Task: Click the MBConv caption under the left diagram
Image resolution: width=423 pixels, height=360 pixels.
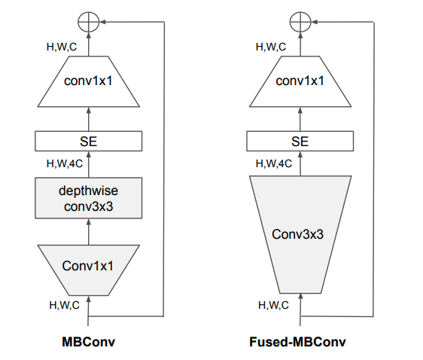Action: tap(89, 341)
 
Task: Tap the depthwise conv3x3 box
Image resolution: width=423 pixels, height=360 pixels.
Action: tap(89, 197)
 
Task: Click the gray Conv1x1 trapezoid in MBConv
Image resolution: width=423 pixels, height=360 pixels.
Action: tap(89, 265)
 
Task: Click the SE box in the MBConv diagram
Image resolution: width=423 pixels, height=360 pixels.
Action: tap(89, 140)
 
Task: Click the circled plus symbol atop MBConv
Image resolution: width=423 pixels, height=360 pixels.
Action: tap(89, 22)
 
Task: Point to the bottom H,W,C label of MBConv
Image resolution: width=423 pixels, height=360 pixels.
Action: tap(63, 304)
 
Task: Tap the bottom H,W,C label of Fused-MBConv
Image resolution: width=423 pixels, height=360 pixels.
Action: tap(273, 305)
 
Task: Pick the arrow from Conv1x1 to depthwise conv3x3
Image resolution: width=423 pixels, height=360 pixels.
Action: tap(89, 233)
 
